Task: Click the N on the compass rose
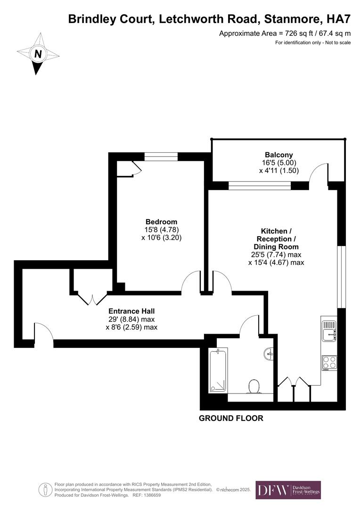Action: [x=38, y=54]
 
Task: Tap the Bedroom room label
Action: [x=161, y=222]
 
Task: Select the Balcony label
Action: [x=278, y=155]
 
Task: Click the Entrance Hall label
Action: [x=131, y=311]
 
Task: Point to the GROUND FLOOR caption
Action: [x=231, y=418]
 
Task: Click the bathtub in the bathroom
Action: [x=218, y=370]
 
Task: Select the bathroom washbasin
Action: [x=270, y=353]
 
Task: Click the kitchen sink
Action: [x=329, y=329]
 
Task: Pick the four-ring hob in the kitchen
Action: [x=329, y=362]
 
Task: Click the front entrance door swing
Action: [x=43, y=332]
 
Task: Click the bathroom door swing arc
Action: [x=249, y=326]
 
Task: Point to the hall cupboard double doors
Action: [x=93, y=299]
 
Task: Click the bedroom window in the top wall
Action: [x=161, y=156]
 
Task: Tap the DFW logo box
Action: [x=288, y=490]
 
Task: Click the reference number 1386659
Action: [x=149, y=495]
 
